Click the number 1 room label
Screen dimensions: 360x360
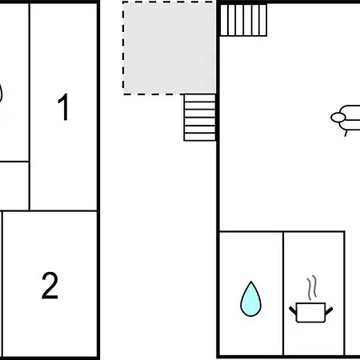(64, 107)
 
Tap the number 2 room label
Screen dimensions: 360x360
(50, 286)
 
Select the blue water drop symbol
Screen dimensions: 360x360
(250, 299)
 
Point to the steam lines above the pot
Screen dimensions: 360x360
(312, 288)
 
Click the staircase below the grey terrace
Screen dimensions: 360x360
(200, 118)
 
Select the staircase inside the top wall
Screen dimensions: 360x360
(243, 20)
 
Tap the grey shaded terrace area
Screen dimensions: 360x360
(170, 47)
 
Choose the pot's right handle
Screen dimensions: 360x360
(329, 311)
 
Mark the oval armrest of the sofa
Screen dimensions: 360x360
(338, 117)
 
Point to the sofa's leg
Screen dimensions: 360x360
(346, 133)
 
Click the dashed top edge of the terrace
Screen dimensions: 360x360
(170, 2)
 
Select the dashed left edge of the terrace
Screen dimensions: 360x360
(123, 47)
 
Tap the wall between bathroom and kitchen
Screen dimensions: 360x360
(283, 294)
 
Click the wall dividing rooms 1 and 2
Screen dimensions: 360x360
(63, 211)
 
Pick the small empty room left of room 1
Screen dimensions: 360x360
(14, 186)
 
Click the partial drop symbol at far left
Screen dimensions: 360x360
(1, 94)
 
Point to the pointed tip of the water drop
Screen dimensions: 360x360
(251, 282)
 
